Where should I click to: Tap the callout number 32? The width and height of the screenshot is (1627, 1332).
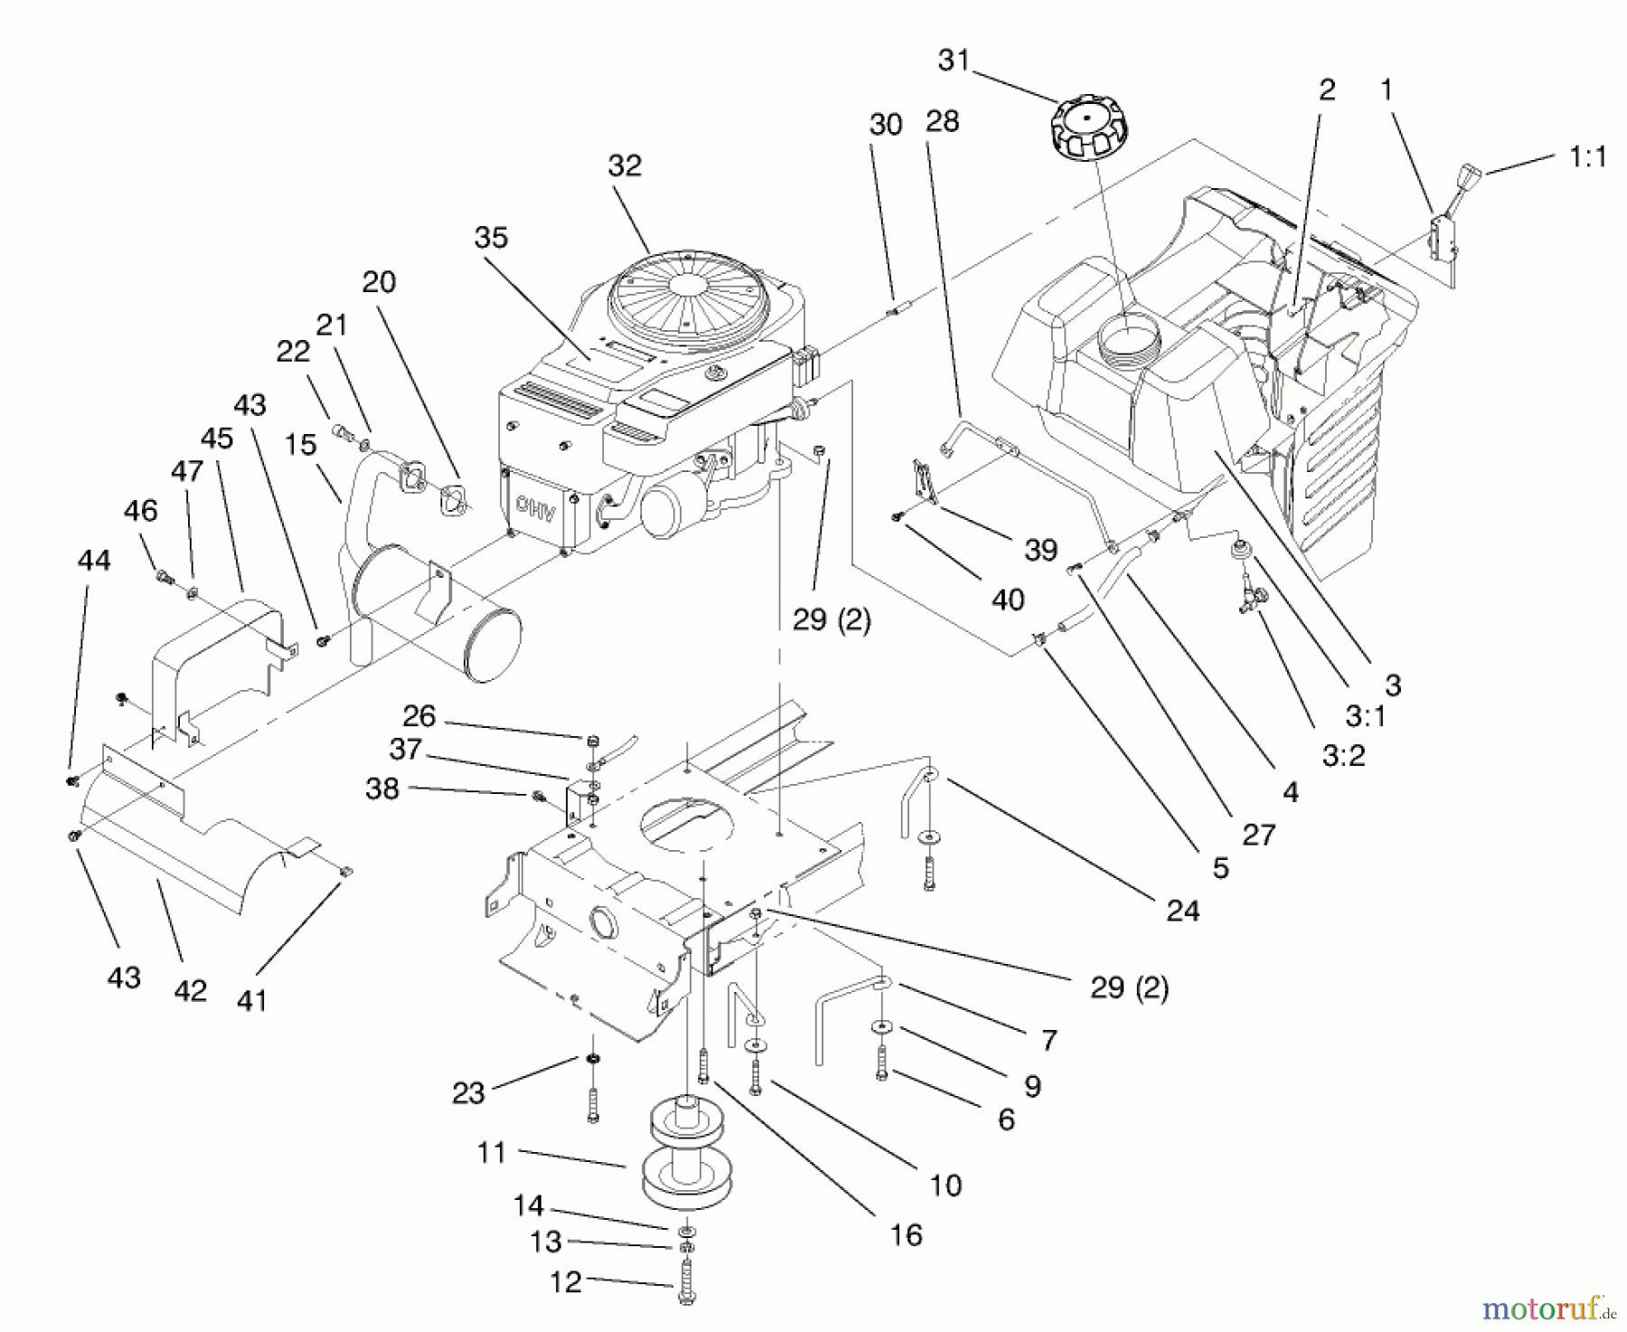pyautogui.click(x=625, y=165)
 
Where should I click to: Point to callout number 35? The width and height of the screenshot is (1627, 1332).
pyautogui.click(x=491, y=238)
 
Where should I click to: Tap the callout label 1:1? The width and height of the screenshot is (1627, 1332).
pyautogui.click(x=1588, y=157)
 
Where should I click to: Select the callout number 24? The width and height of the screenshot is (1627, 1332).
pyautogui.click(x=1181, y=911)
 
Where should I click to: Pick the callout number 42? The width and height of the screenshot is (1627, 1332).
pyautogui.click(x=190, y=991)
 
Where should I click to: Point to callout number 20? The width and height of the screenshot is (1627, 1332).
pyautogui.click(x=379, y=282)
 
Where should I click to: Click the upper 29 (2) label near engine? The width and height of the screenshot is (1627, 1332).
pyautogui.click(x=832, y=619)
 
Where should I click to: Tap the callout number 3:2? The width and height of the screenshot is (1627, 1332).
pyautogui.click(x=1343, y=756)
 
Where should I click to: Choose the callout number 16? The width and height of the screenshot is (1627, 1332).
pyautogui.click(x=906, y=1235)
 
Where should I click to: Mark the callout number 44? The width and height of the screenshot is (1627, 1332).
pyautogui.click(x=94, y=561)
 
